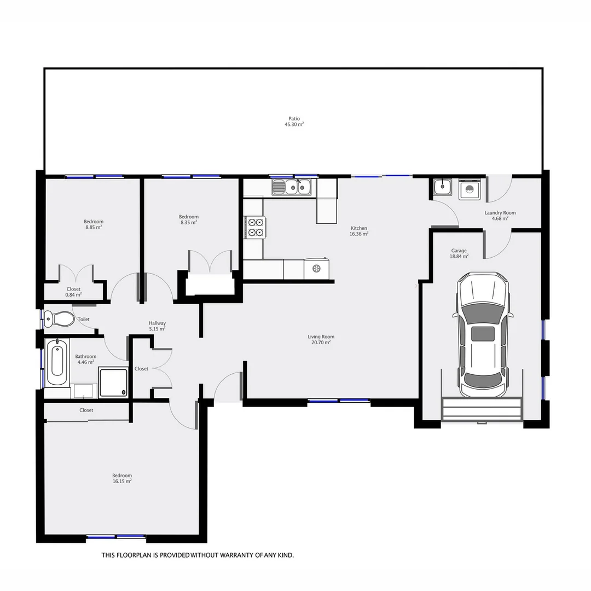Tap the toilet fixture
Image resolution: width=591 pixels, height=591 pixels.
(x=59, y=318)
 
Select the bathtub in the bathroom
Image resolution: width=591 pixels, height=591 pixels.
(x=57, y=362)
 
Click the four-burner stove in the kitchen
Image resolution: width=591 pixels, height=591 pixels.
(x=255, y=227)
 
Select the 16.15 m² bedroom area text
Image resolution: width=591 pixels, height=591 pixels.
(x=121, y=482)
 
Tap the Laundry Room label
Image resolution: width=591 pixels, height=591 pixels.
(x=500, y=213)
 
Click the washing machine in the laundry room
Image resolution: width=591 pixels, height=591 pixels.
(x=469, y=189)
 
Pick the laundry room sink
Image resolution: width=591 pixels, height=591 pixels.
(x=442, y=187)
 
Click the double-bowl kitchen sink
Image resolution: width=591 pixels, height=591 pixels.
(x=299, y=188)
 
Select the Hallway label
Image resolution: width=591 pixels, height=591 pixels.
(x=157, y=323)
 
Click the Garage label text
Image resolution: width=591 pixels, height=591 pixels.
(x=459, y=251)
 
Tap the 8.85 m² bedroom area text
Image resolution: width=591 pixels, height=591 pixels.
(x=94, y=227)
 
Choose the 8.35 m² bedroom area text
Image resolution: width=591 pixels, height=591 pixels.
(x=189, y=223)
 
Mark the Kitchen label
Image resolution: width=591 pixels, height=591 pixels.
(x=359, y=228)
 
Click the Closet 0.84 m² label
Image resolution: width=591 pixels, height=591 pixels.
(x=73, y=292)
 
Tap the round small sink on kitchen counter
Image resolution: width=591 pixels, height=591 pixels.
(x=316, y=268)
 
